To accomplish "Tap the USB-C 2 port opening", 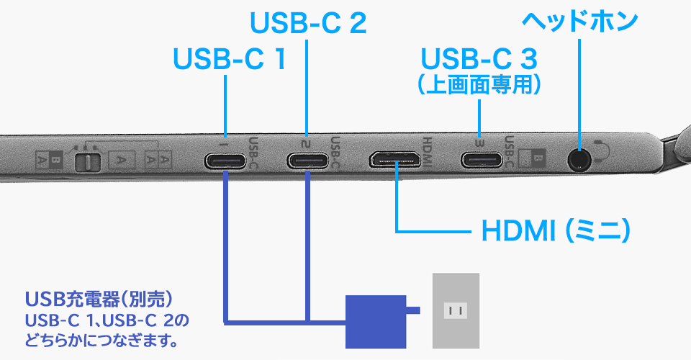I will [x=308, y=160].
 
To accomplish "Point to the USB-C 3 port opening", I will [x=481, y=159].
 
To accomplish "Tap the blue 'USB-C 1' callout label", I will [x=230, y=60].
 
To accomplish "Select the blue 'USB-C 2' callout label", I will [x=308, y=24].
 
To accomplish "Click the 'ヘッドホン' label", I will [x=579, y=20].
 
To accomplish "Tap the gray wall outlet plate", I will [x=454, y=311].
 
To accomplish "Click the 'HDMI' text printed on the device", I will [x=426, y=152].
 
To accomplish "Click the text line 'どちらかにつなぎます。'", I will [x=101, y=338].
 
